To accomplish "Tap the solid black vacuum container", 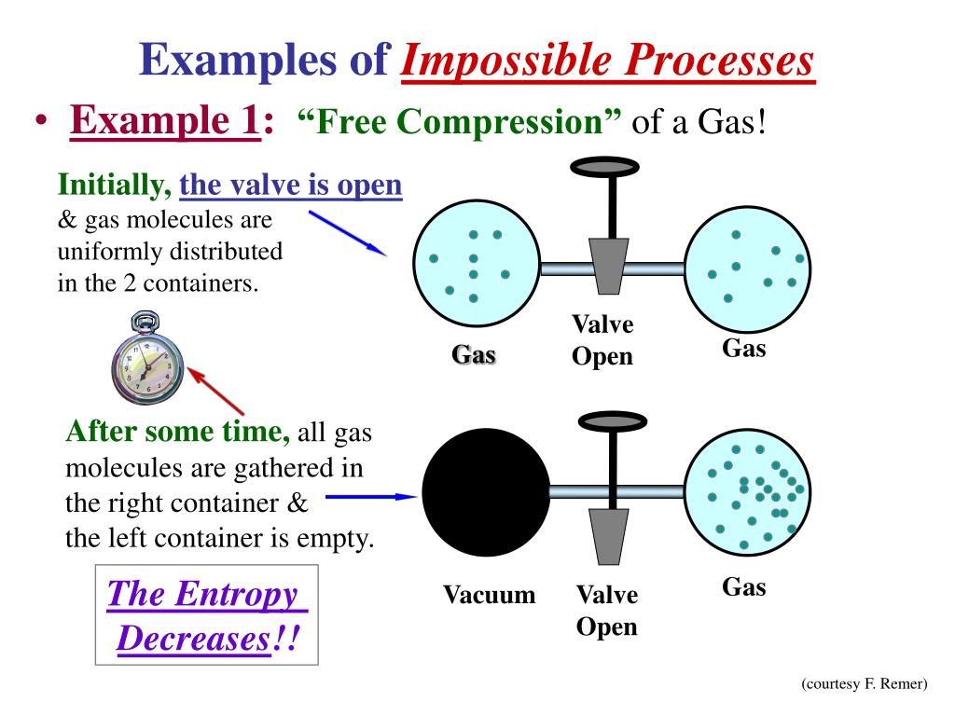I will (486, 490).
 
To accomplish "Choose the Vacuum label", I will (489, 595).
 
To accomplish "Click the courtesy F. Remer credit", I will (865, 684).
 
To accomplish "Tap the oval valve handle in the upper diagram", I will (604, 167).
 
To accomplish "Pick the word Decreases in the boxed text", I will (194, 639).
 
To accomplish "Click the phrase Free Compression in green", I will (460, 122).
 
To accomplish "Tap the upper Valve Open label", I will (602, 340).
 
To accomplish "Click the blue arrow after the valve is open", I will (346, 232).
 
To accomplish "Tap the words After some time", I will (178, 432).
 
